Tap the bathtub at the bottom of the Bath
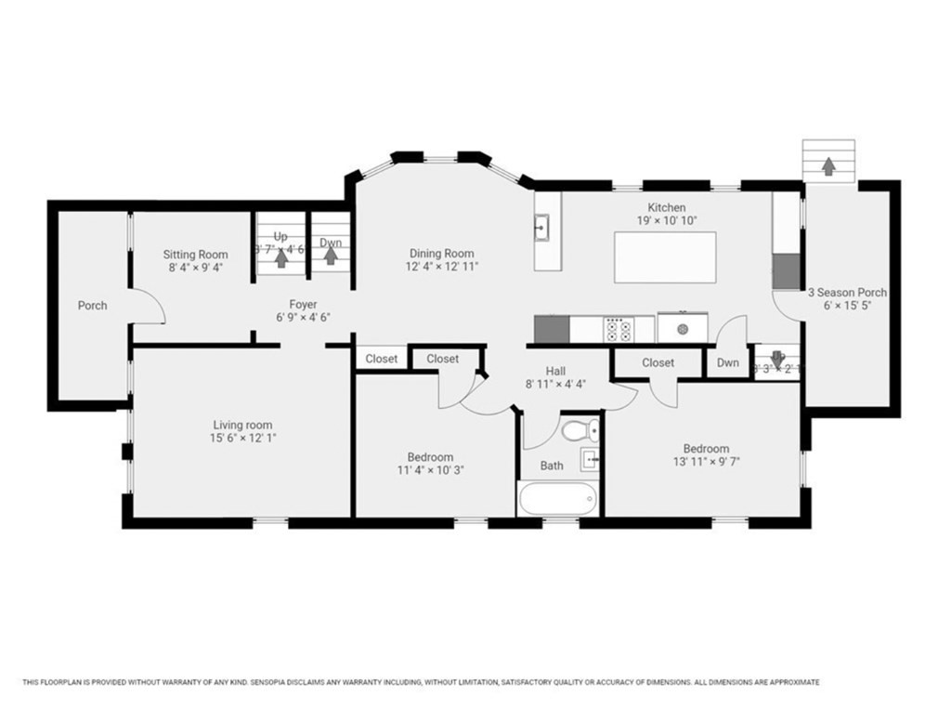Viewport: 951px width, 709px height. [x=557, y=498]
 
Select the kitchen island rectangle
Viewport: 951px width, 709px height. [x=665, y=257]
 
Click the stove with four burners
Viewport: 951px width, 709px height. [x=619, y=329]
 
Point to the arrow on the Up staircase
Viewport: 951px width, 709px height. [x=281, y=259]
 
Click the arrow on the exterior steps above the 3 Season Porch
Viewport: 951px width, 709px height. [x=827, y=165]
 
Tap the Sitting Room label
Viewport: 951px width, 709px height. [x=195, y=254]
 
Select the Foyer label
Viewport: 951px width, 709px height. [x=303, y=304]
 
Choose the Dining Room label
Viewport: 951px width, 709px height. [x=442, y=253]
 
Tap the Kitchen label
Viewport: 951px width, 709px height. [x=667, y=207]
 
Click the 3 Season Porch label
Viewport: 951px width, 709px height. [x=846, y=292]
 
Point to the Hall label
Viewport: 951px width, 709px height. [x=555, y=370]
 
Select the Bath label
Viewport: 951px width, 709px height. [x=552, y=466]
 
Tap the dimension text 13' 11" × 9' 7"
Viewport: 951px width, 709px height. [x=706, y=461]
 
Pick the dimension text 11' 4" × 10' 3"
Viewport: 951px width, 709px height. [x=430, y=470]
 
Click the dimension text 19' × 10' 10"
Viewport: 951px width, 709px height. [x=667, y=220]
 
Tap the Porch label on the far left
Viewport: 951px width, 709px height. [x=92, y=305]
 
